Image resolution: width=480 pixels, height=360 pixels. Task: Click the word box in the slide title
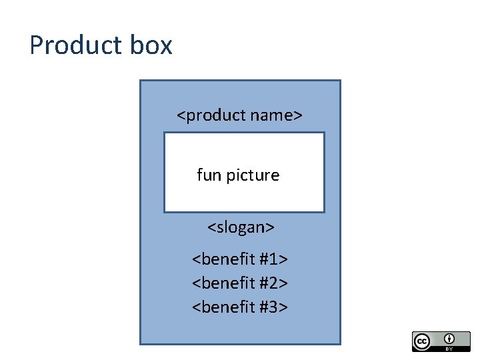(x=151, y=45)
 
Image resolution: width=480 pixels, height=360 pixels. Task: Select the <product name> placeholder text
(x=239, y=115)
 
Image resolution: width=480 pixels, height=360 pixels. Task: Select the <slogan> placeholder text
(x=241, y=227)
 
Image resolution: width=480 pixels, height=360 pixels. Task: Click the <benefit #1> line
(x=240, y=259)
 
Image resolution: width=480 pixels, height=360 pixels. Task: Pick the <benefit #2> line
(x=240, y=283)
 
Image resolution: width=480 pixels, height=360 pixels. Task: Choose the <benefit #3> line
(x=240, y=307)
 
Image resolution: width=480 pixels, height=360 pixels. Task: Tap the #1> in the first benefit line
(x=273, y=259)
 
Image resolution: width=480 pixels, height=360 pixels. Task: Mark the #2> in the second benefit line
(x=273, y=283)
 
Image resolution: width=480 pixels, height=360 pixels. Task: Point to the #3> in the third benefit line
(x=273, y=307)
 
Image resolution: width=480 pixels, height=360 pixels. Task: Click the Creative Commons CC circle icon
(x=422, y=341)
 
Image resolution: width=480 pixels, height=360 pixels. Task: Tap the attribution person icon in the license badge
(x=449, y=337)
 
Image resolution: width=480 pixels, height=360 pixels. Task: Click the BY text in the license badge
(x=449, y=348)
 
